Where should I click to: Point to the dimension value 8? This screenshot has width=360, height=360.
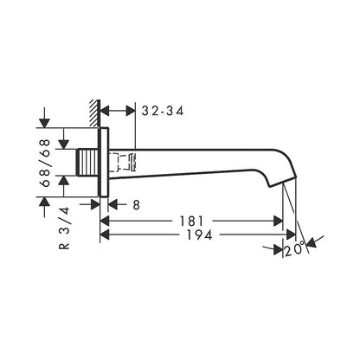click(x=137, y=205)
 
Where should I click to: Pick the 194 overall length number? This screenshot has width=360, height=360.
click(x=200, y=235)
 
